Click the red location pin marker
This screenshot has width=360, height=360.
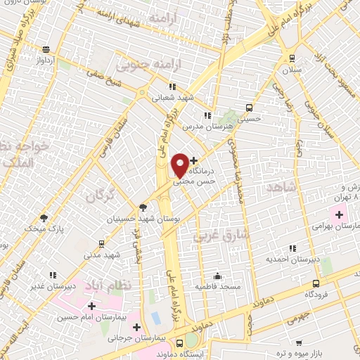(180, 165)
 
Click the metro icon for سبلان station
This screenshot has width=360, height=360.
(292, 60)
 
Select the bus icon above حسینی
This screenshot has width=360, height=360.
(249, 108)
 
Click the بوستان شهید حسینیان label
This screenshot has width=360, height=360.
(144, 219)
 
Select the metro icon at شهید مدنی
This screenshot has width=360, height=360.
(101, 244)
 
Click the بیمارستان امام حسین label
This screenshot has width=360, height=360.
(92, 317)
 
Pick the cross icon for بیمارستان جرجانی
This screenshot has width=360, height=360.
(136, 327)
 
